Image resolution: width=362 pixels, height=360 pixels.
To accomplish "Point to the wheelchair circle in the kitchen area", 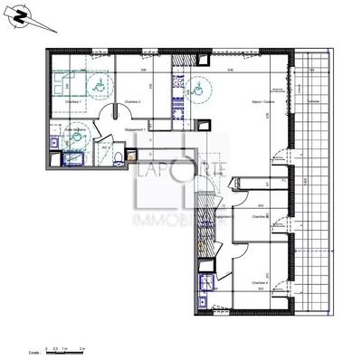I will point(199,88).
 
